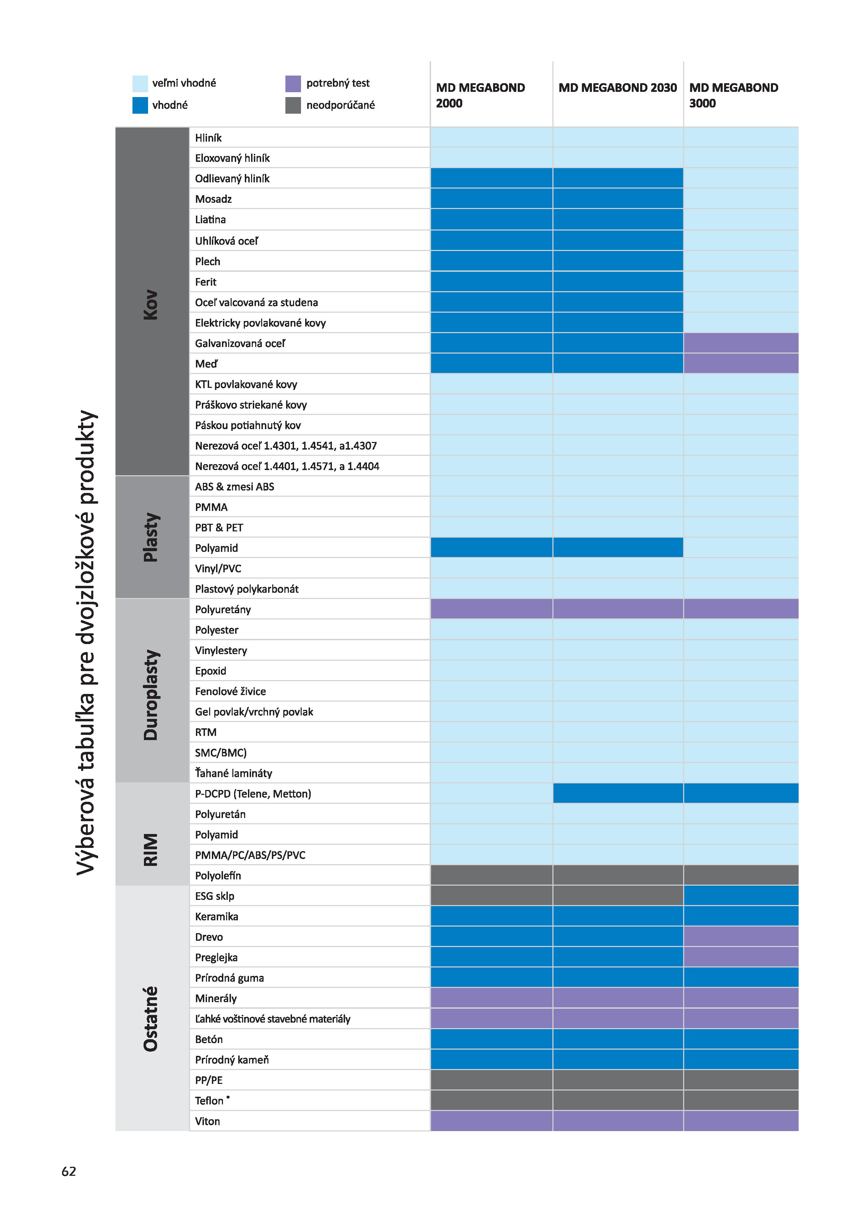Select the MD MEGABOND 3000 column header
click(x=733, y=95)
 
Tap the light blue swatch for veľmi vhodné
click(x=140, y=83)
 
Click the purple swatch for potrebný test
click(x=293, y=83)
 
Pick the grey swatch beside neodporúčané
click(x=293, y=105)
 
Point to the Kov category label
click(x=151, y=305)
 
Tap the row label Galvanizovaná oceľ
click(x=240, y=343)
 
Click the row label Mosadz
click(x=214, y=199)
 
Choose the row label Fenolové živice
click(x=231, y=691)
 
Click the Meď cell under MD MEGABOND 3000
click(x=741, y=363)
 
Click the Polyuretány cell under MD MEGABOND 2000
click(x=491, y=609)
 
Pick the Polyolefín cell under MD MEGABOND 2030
click(x=618, y=875)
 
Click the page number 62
click(x=69, y=1171)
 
